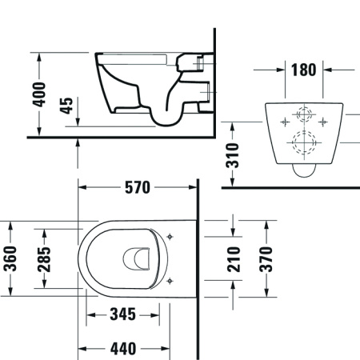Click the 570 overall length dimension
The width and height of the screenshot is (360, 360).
point(138,189)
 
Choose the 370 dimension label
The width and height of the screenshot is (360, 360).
point(266,258)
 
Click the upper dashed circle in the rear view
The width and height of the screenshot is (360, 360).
point(302,114)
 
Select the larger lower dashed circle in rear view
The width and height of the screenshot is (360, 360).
point(302,144)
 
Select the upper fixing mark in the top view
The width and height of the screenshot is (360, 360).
point(174,238)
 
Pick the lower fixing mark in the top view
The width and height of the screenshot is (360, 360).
point(174,278)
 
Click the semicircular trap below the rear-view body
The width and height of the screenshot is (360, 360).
point(303,169)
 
